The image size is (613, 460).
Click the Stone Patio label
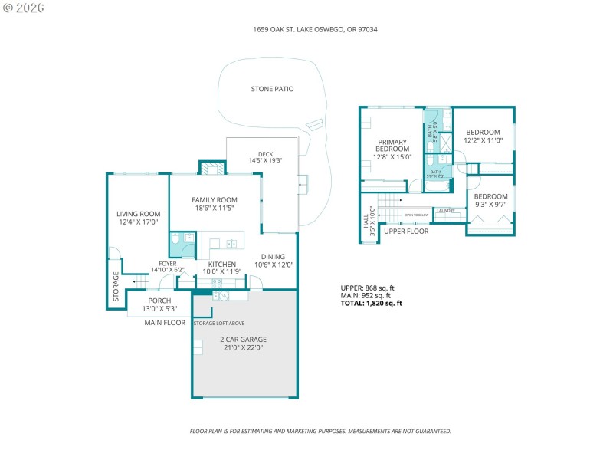pos(272,89)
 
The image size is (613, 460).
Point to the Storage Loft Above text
pos(218,324)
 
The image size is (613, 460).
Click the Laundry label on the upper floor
pos(445,210)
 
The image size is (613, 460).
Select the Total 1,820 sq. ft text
pos(371,304)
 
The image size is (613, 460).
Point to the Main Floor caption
pos(165,323)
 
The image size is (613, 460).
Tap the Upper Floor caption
pos(405,231)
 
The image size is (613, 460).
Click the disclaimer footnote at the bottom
pos(320,431)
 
